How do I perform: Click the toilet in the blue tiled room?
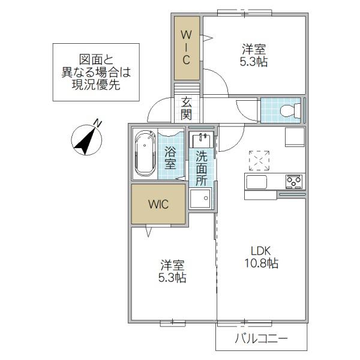290,110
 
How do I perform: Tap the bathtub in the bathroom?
145,155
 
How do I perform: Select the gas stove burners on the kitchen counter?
294,182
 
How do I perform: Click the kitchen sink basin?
256,182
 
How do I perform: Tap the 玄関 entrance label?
186,108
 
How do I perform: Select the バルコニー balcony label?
261,338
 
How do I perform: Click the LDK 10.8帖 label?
261,257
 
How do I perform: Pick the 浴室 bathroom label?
170,158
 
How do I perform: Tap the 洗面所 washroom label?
202,169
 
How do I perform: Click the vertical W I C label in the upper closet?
186,47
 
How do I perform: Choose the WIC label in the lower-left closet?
158,204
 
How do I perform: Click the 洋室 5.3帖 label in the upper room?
254,55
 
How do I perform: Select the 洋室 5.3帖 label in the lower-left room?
172,271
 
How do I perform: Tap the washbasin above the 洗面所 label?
201,140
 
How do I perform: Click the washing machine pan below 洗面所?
200,199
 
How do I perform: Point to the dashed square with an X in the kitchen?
259,160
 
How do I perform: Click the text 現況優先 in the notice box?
96,85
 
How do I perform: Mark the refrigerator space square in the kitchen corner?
295,137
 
